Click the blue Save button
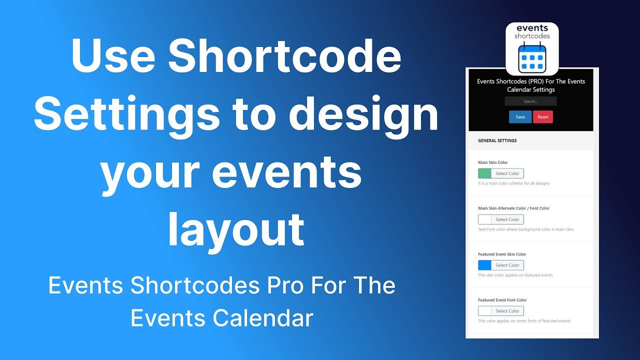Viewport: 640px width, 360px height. click(x=520, y=117)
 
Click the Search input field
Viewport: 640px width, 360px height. click(x=530, y=101)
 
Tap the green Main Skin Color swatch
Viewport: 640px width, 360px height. click(x=484, y=173)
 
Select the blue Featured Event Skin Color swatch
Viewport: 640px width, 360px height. click(x=484, y=265)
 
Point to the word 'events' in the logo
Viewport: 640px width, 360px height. click(x=532, y=28)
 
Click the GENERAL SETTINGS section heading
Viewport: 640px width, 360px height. click(x=497, y=140)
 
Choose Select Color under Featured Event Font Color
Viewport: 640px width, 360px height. click(x=507, y=311)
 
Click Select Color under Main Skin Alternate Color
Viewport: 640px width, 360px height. click(x=507, y=219)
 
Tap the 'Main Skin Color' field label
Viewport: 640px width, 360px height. click(x=493, y=162)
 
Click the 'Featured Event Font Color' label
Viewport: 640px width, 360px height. click(x=502, y=300)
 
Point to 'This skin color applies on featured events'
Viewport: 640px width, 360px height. click(x=515, y=275)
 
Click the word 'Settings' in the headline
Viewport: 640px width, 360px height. click(x=126, y=114)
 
